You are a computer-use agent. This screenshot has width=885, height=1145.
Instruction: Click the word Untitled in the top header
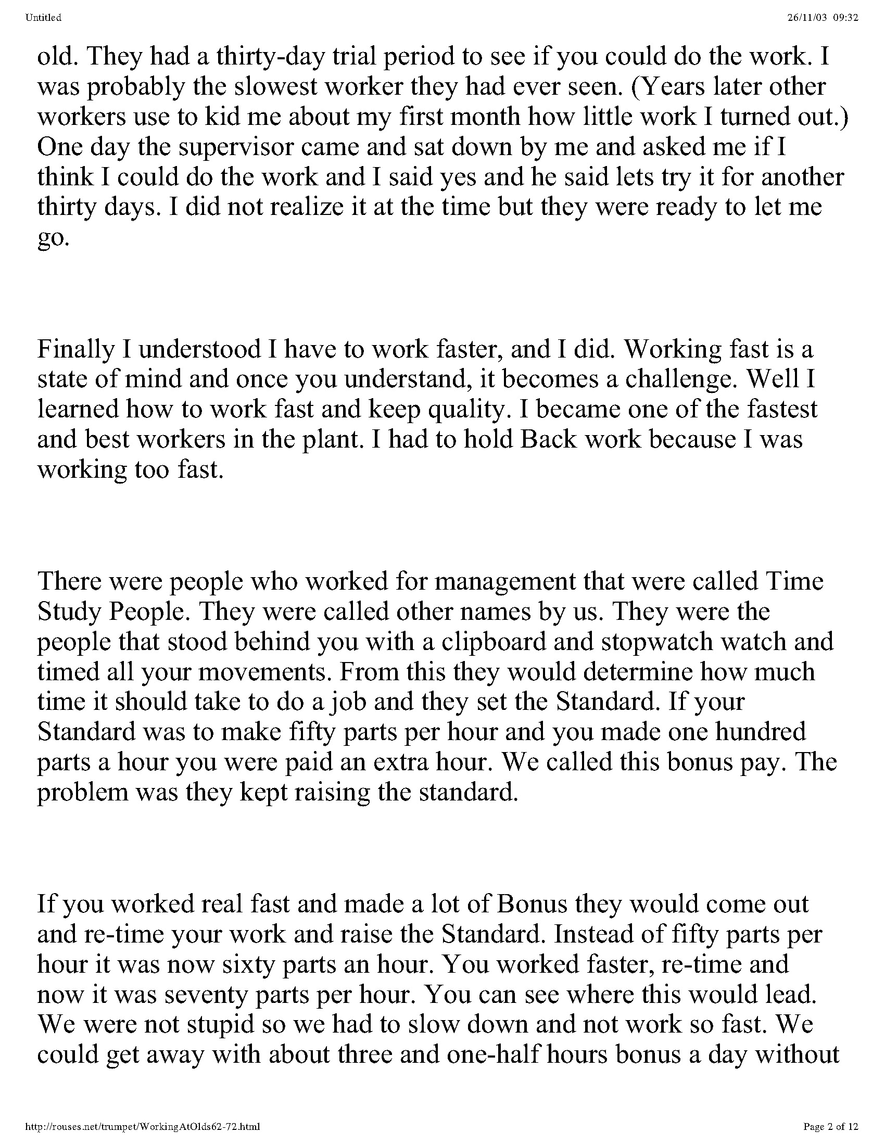43,18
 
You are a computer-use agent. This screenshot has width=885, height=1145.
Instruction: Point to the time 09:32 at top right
846,18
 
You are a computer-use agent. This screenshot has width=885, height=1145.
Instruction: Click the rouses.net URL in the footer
142,1126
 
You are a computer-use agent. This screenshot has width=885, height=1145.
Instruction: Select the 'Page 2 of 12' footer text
831,1126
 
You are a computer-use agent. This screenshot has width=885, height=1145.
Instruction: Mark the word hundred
761,732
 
